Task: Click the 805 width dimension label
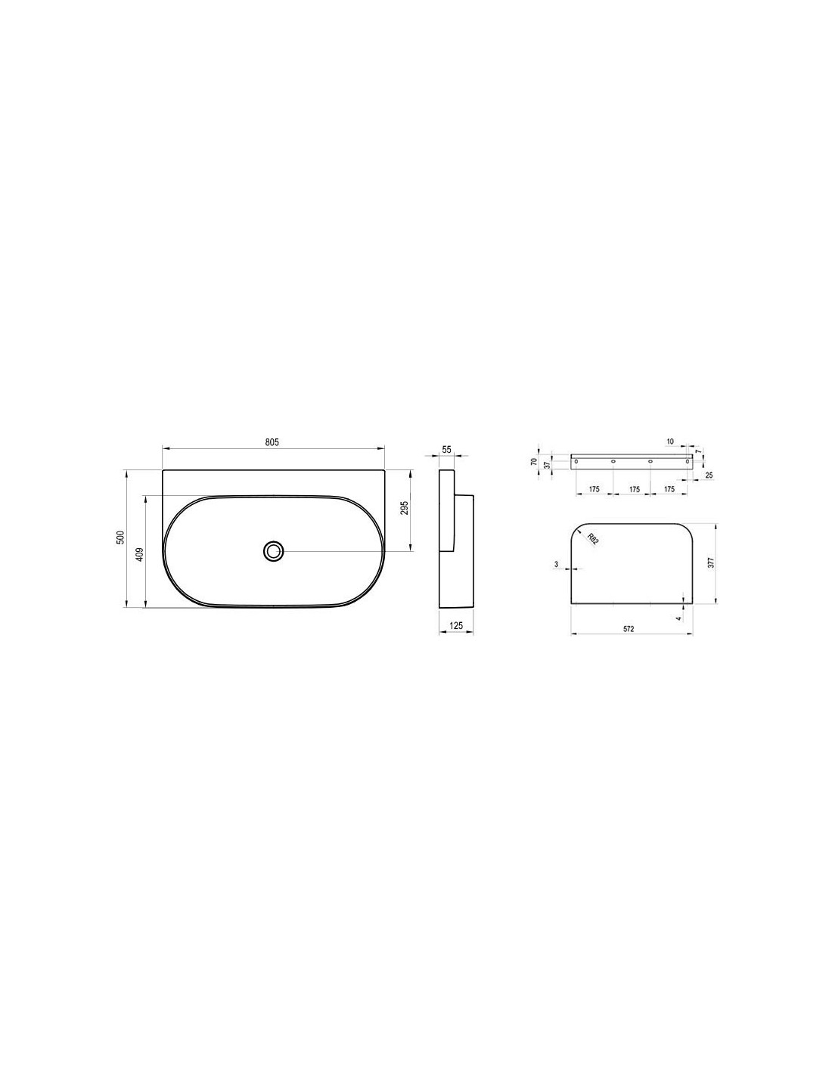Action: [x=272, y=442]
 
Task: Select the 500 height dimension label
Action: [x=120, y=537]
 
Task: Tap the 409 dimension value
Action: [x=139, y=553]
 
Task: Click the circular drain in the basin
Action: [x=274, y=550]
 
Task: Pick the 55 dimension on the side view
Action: [x=446, y=450]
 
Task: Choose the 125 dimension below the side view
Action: [x=456, y=626]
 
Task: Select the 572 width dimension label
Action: [x=628, y=629]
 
